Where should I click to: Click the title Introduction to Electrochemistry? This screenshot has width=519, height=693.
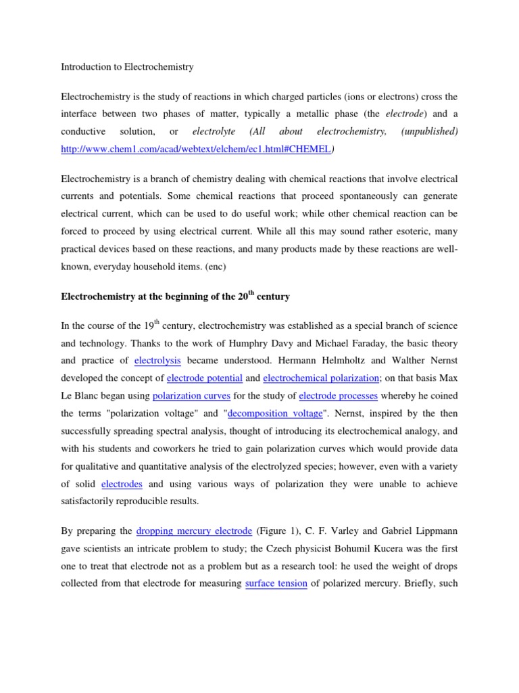[x=127, y=67]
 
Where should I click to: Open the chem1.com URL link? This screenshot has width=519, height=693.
[x=196, y=150]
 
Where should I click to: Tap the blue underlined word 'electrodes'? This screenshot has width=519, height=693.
[x=122, y=484]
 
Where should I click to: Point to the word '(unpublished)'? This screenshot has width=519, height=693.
[x=429, y=131]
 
